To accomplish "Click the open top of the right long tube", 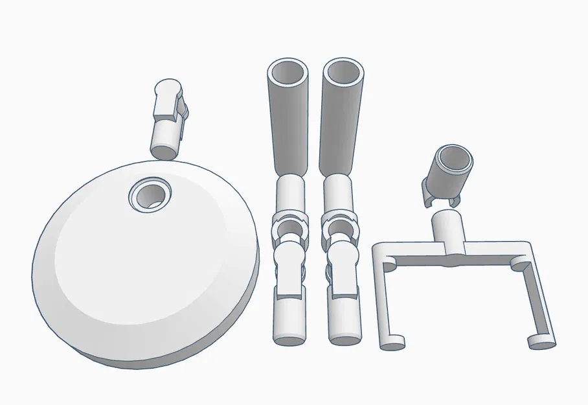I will [343, 72].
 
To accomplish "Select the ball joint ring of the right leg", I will [339, 223].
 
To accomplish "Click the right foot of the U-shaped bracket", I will [541, 341].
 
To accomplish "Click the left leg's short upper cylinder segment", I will [290, 194].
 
